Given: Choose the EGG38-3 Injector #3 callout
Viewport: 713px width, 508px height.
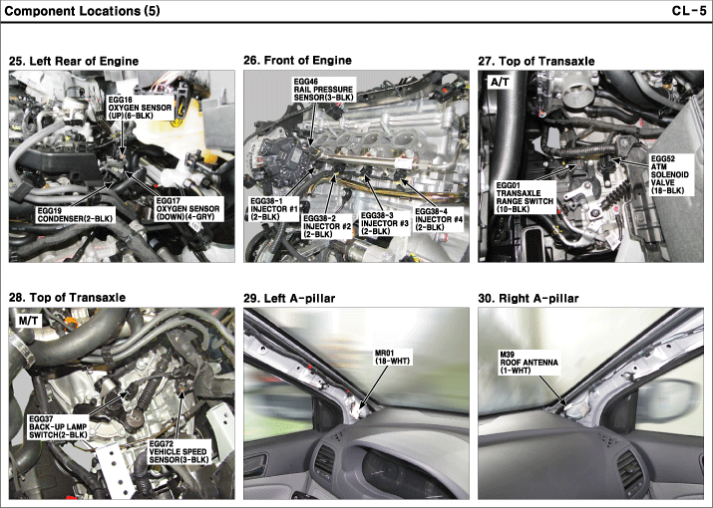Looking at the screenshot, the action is [385, 220].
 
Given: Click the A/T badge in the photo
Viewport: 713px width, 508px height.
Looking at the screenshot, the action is [499, 84].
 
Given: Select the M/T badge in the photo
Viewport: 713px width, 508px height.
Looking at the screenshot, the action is [29, 321].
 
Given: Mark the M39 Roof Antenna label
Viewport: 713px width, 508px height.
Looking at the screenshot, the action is [523, 361].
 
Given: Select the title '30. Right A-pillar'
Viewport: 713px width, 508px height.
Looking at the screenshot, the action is [529, 298].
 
